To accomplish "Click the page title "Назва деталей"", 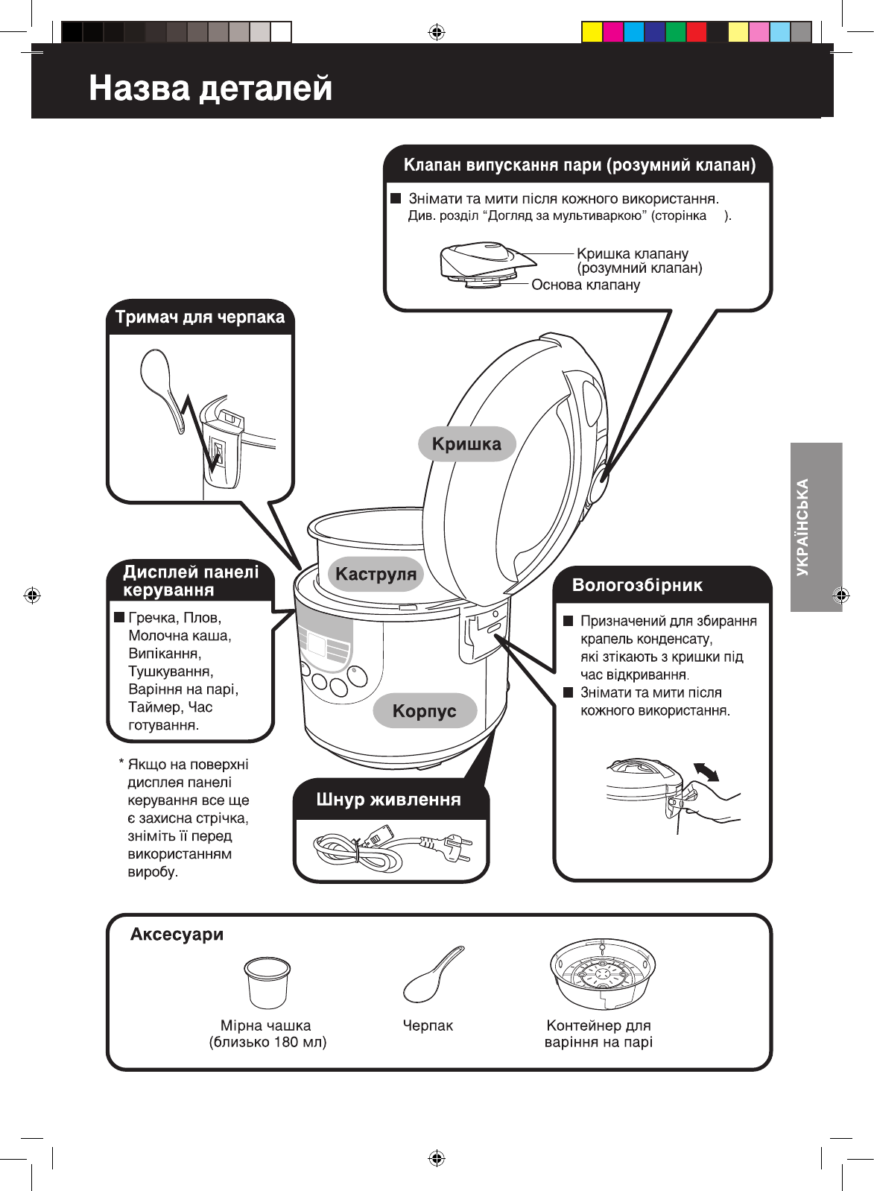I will (x=211, y=88).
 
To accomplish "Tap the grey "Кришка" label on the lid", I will (x=466, y=444).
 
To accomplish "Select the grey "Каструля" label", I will (x=376, y=574).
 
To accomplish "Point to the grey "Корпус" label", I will (x=424, y=710).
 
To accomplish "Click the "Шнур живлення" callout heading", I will (x=388, y=800).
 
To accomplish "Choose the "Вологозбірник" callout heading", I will (x=637, y=585).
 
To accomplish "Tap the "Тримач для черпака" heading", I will (x=200, y=318).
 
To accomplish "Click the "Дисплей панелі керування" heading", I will (x=191, y=581).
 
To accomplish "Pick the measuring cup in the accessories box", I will (x=266, y=982).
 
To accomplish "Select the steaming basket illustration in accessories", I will (x=602, y=972).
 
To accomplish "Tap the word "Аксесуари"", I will (x=177, y=935).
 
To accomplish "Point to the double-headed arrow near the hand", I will (x=706, y=772).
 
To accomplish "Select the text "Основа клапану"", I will (x=585, y=285).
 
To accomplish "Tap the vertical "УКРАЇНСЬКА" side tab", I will (x=816, y=527).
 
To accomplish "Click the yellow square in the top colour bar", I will (x=592, y=32).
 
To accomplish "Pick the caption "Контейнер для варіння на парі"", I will (x=598, y=1034).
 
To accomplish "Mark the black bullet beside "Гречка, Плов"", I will (x=118, y=618).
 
